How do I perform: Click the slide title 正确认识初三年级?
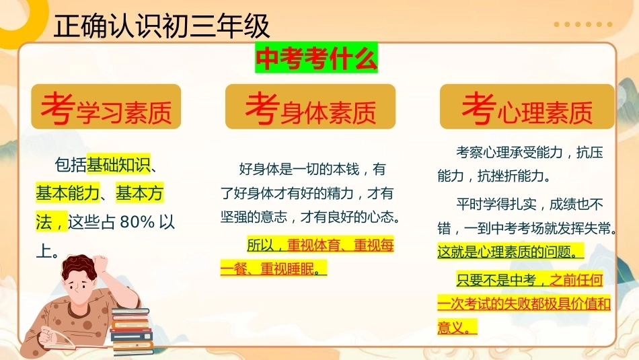[161, 26]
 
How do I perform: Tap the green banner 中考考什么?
[316, 58]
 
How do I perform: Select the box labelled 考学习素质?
[106, 107]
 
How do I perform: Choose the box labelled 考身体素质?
[310, 107]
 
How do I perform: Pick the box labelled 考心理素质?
[527, 107]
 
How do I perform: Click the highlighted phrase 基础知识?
[118, 165]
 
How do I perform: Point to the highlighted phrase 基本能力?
[68, 193]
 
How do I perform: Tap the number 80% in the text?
[137, 222]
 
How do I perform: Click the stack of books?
[132, 330]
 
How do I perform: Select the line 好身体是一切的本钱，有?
[312, 169]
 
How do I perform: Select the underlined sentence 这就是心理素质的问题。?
[511, 252]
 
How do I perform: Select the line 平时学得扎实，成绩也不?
[529, 204]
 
